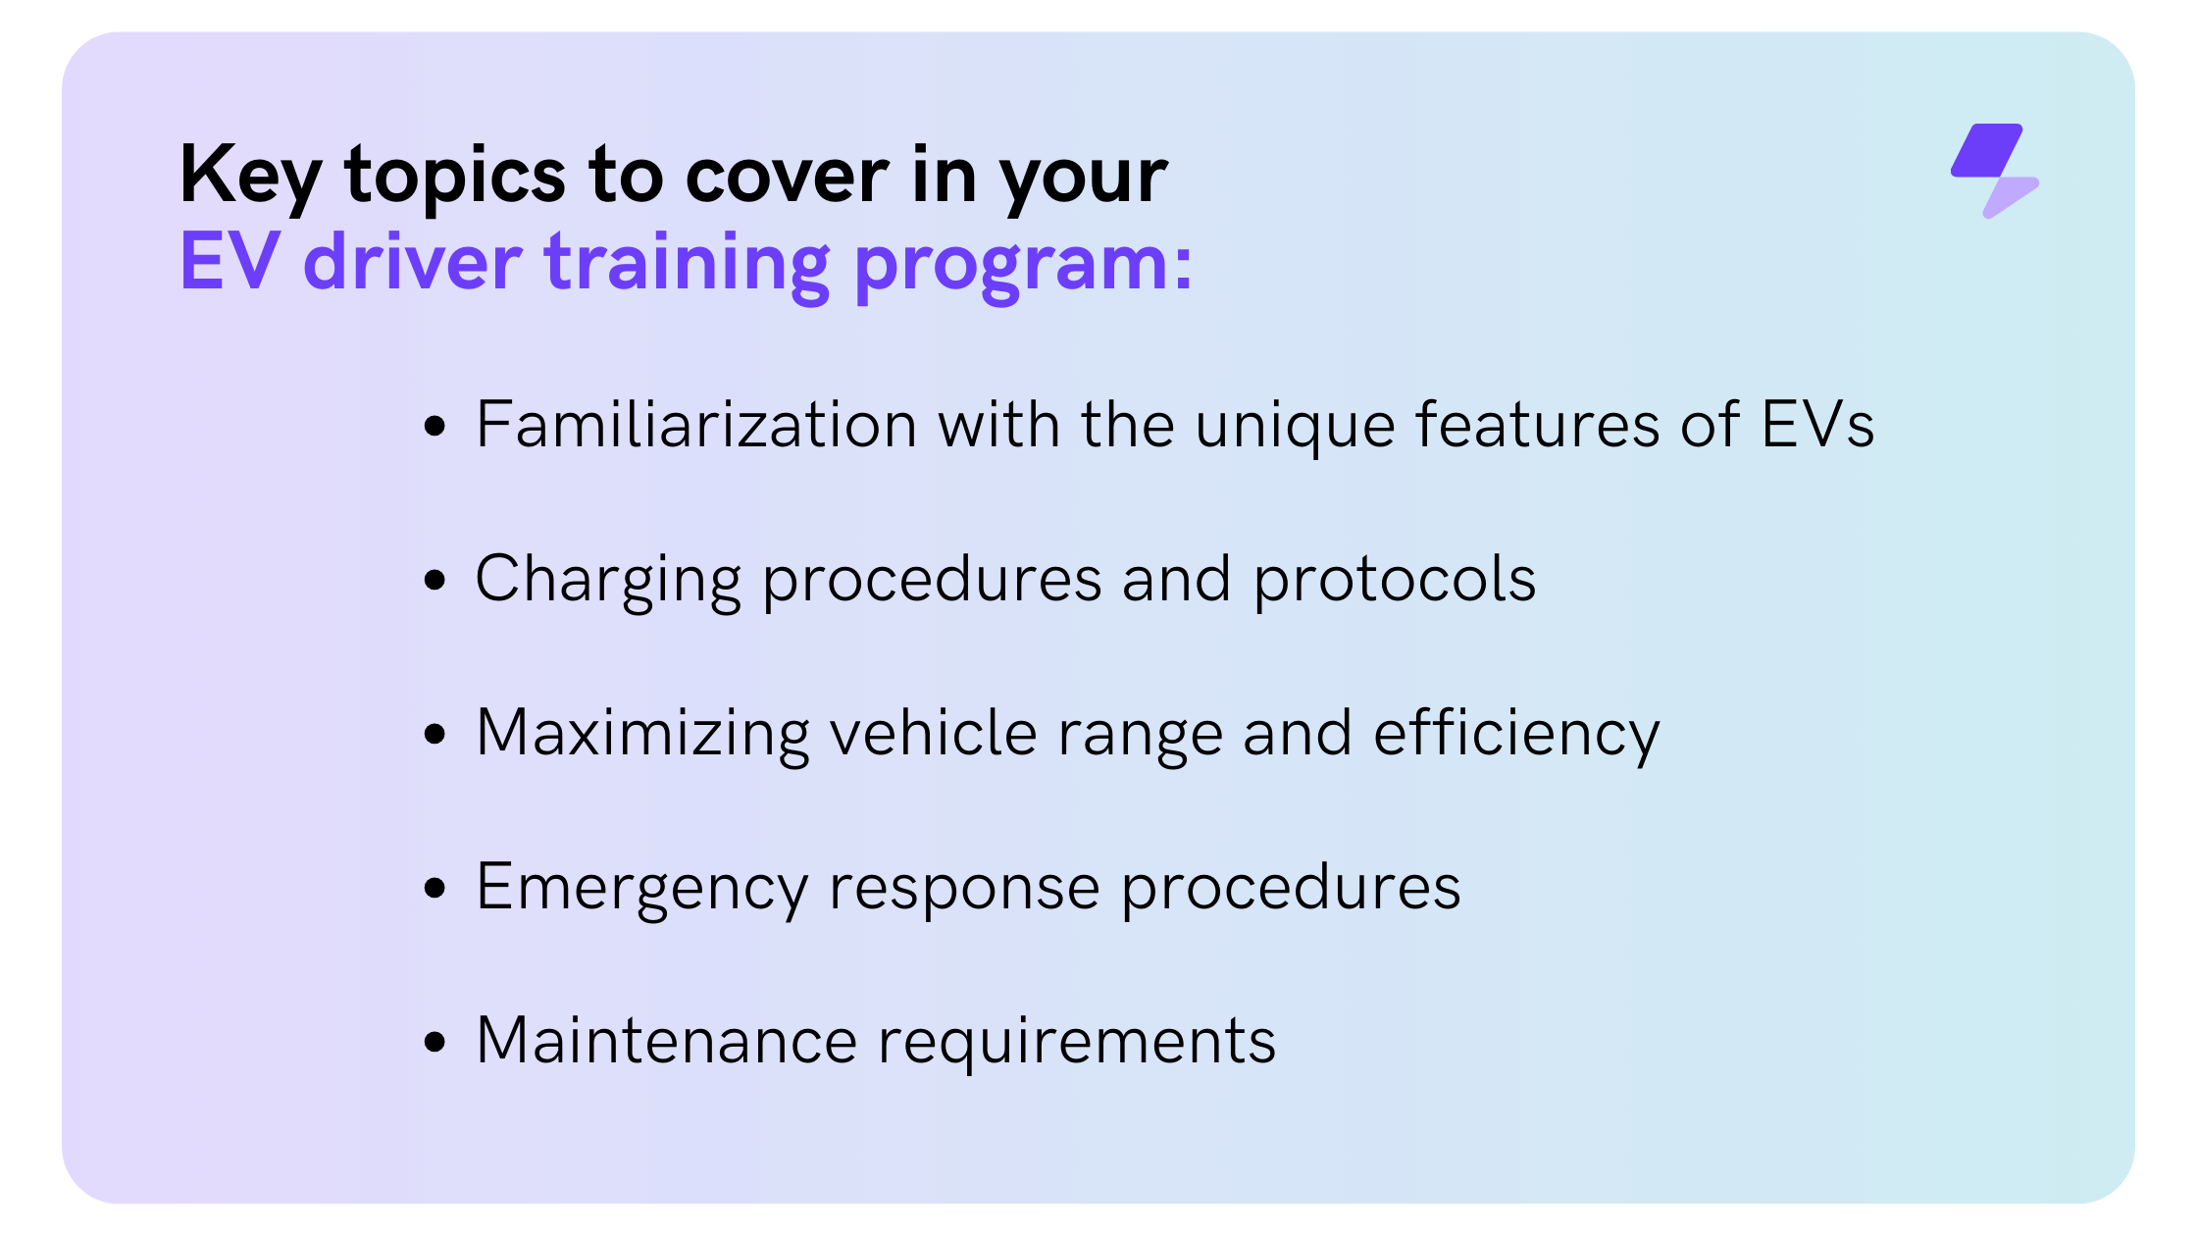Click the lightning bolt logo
[1994, 170]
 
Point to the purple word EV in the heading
[230, 261]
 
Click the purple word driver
[412, 260]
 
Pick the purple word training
[688, 266]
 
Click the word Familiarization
[696, 425]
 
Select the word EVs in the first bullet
[1817, 425]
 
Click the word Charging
[608, 581]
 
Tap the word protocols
[1395, 581]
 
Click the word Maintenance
[667, 1041]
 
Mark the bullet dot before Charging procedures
[434, 580]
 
